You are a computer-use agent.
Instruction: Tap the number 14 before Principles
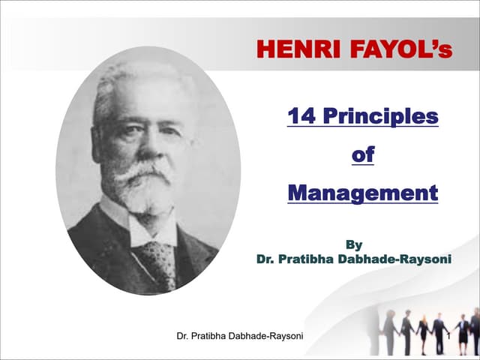click(x=304, y=118)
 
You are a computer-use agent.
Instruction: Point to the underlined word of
click(x=363, y=155)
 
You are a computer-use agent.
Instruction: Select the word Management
click(x=363, y=193)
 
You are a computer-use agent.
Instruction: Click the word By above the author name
click(x=352, y=244)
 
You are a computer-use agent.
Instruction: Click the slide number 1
click(x=447, y=336)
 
